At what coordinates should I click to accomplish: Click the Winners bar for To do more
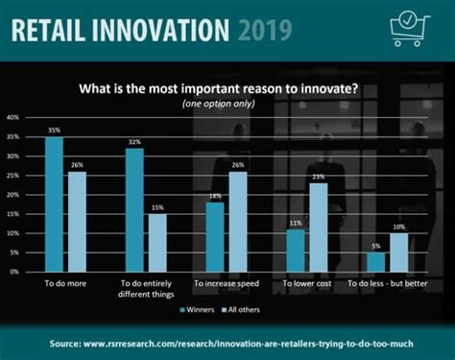pos(54,204)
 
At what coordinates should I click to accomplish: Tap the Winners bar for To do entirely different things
pos(134,209)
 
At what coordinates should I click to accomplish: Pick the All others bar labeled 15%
pos(156,242)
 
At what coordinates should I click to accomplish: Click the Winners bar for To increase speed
pos(215,236)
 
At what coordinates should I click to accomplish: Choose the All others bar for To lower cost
pos(318,227)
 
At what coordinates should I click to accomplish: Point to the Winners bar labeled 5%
pos(375,261)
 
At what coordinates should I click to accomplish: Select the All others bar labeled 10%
pos(398,252)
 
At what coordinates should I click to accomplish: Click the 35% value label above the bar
pos(54,129)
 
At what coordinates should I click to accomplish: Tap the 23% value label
pos(318,176)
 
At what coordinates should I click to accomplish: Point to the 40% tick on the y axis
pos(12,117)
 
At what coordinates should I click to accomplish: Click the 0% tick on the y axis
pos(14,272)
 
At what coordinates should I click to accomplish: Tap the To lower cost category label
pos(306,285)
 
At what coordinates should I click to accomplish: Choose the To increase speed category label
pos(226,285)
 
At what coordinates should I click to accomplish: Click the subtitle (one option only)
pos(227,104)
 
